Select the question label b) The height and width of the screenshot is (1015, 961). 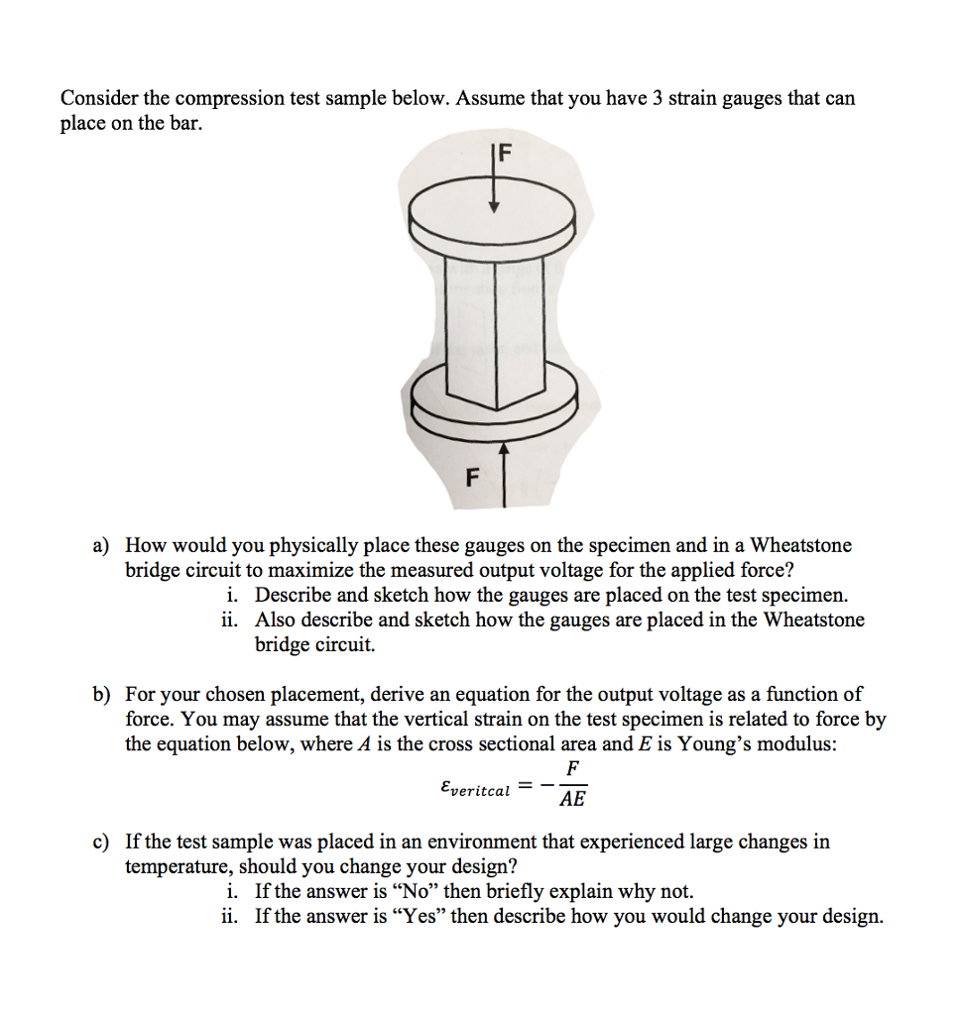coord(102,694)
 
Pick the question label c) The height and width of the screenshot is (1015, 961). coord(101,843)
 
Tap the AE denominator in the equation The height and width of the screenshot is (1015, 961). coord(571,799)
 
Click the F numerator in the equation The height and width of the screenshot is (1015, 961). coord(572,769)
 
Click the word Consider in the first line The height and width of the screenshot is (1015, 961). coord(99,99)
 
